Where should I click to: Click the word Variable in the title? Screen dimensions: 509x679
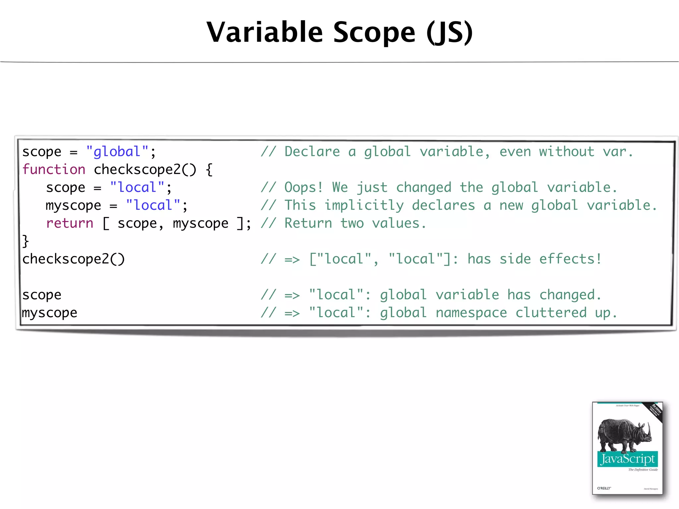tap(265, 32)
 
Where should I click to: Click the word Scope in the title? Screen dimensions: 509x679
tap(374, 32)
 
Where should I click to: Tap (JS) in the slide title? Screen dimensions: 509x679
tap(450, 32)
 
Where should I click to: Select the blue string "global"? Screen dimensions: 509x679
tap(117, 152)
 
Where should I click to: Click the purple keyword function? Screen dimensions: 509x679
tap(54, 170)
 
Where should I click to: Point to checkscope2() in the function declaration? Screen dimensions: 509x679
tap(145, 170)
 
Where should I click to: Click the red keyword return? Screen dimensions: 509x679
tap(70, 223)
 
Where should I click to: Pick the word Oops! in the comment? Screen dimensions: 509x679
tap(303, 188)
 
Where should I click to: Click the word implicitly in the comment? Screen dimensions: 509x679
tap(364, 205)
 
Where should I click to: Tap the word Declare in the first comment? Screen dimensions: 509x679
tap(312, 152)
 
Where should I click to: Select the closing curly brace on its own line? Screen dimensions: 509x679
tap(26, 241)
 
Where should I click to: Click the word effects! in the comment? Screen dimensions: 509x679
tap(570, 259)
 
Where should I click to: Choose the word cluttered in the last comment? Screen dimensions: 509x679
tap(551, 313)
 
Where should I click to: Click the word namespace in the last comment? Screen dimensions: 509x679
tap(471, 313)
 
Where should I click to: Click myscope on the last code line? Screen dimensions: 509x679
tap(49, 313)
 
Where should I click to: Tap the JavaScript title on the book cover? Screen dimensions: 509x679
tap(627, 459)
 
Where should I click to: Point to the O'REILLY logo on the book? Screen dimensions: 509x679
tap(604, 488)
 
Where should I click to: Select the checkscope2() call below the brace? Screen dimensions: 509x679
tap(73, 259)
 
